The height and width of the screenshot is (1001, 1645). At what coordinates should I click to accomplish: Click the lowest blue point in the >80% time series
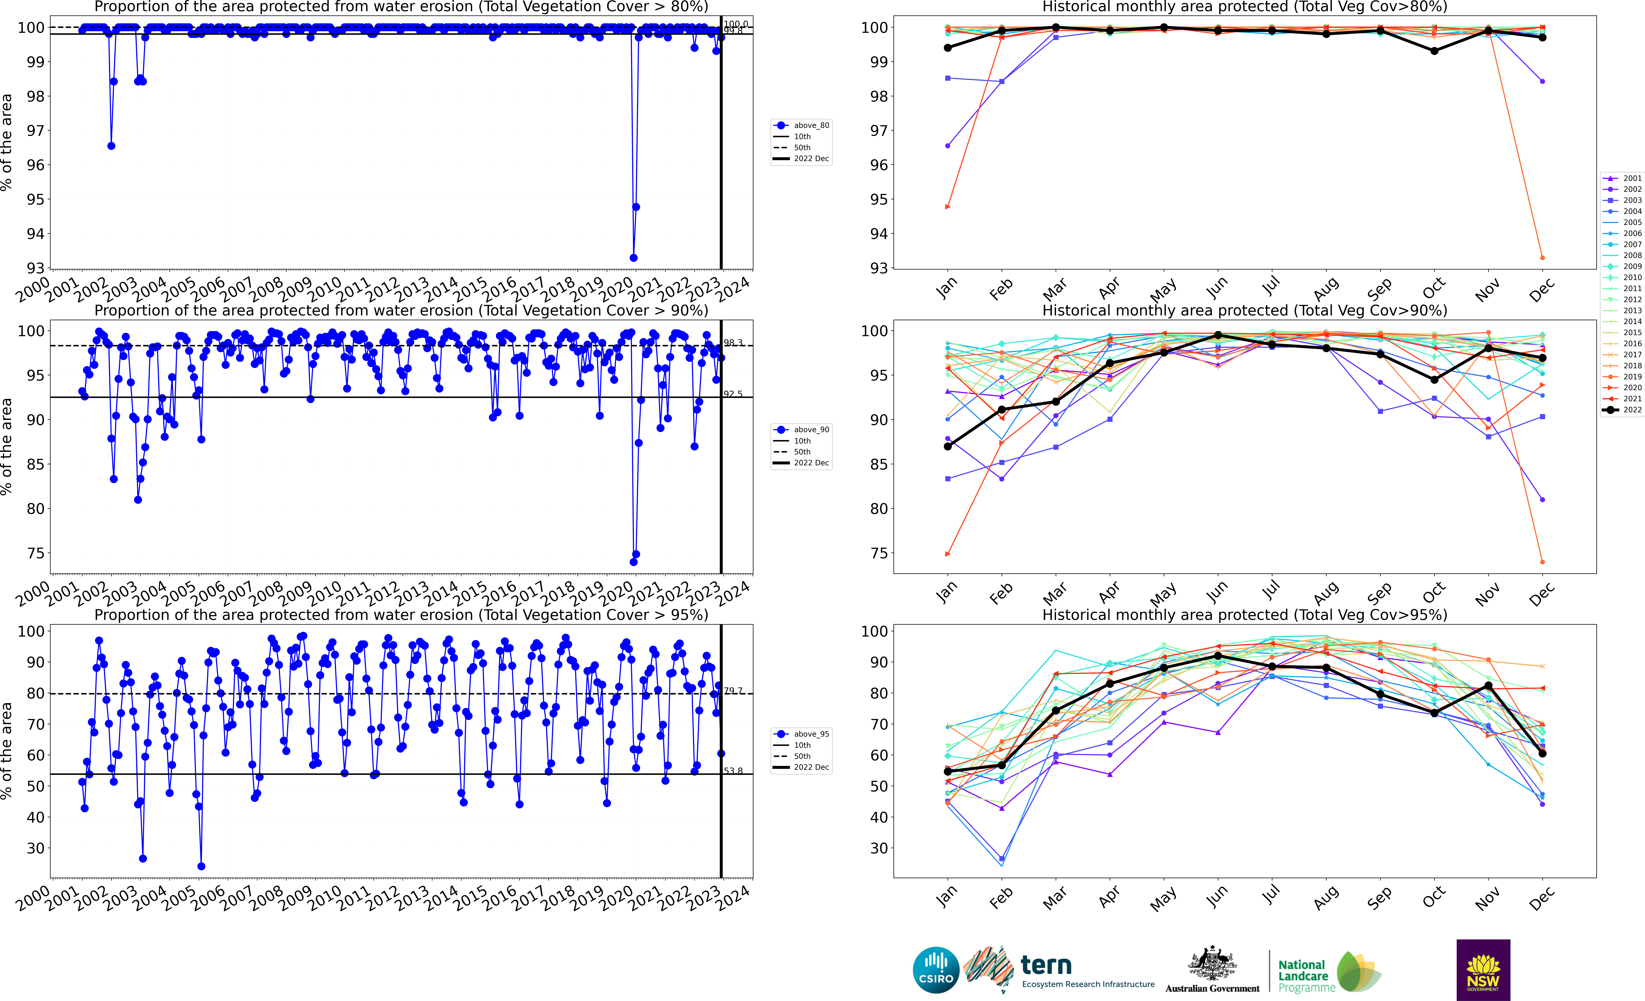click(634, 258)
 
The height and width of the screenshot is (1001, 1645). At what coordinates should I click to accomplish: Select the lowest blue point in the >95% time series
click(201, 866)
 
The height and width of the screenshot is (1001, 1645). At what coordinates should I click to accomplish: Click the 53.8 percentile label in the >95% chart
click(733, 771)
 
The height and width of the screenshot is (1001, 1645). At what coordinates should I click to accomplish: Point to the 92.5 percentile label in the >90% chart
click(733, 394)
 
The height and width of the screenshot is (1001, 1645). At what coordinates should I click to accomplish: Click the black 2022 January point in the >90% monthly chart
click(947, 446)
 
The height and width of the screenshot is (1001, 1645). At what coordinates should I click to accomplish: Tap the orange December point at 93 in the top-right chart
click(1542, 258)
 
